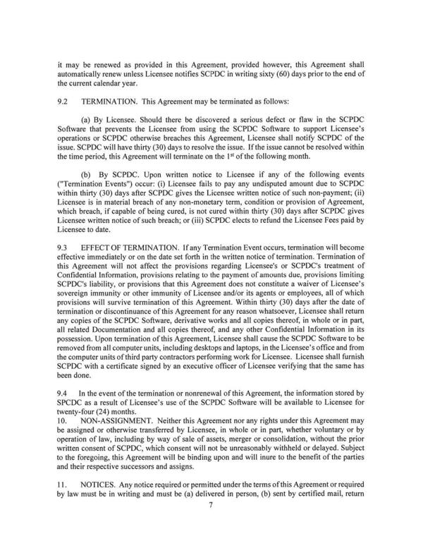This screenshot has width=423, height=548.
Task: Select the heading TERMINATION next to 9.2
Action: [115, 102]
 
